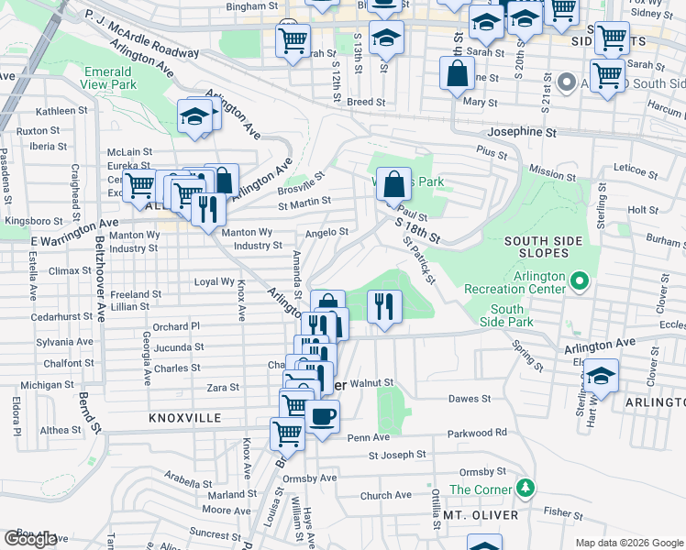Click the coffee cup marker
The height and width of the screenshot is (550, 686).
[322, 417]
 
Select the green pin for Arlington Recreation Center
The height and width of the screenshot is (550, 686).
[580, 279]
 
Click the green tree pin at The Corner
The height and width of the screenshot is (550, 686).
[525, 487]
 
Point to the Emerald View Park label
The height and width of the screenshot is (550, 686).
[109, 78]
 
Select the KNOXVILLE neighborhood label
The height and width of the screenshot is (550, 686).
[184, 417]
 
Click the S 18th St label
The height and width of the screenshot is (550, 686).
[417, 229]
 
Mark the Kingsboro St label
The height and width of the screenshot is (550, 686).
[32, 222]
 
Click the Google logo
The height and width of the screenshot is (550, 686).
[30, 539]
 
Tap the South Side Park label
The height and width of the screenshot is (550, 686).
[506, 316]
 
